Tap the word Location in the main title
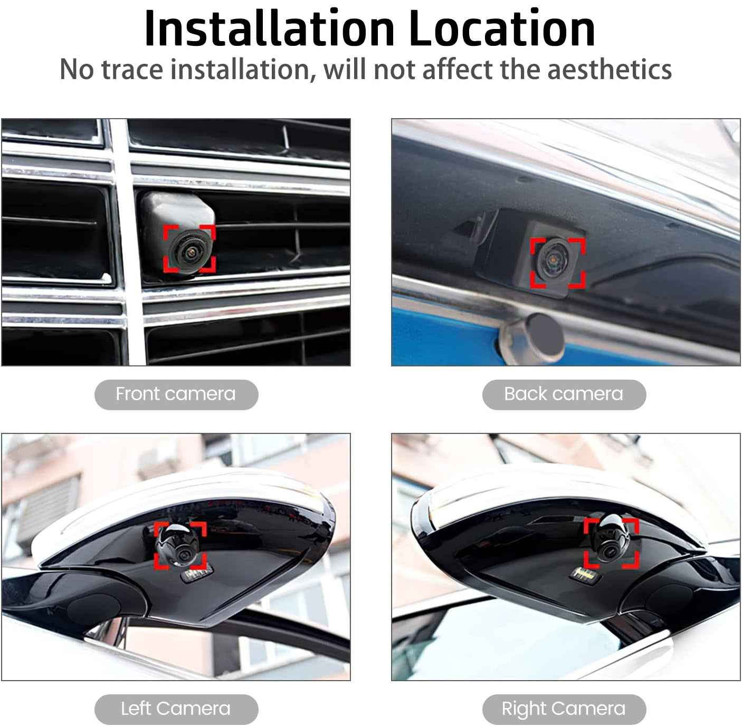coord(502,28)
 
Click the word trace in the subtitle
coord(132,70)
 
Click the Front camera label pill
coord(176,394)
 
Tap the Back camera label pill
coord(564,394)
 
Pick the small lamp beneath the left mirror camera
coord(197,575)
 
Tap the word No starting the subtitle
coord(77,70)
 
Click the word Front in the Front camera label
coord(137,394)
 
